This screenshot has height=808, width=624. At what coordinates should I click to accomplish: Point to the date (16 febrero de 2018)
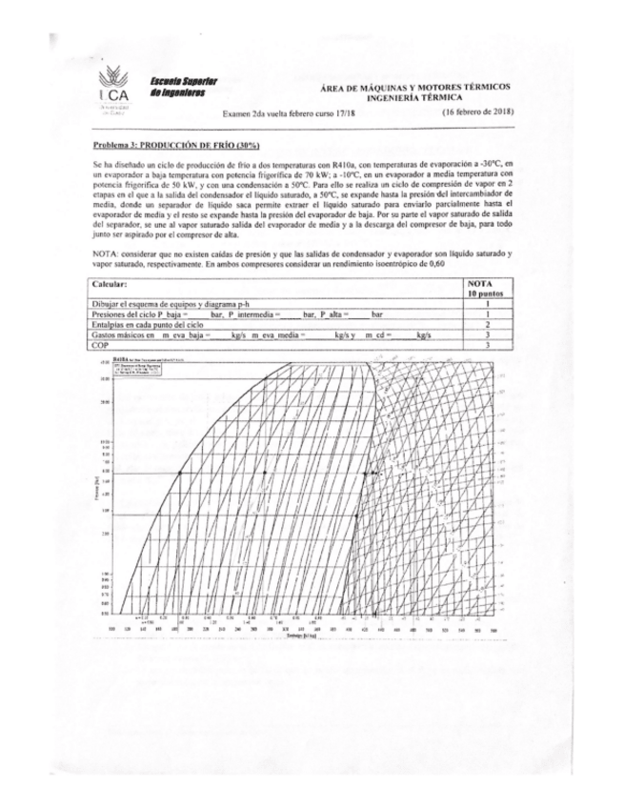(478, 112)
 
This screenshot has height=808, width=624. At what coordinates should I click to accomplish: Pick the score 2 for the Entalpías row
(488, 324)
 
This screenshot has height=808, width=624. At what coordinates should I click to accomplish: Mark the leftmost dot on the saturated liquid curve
(177, 472)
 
